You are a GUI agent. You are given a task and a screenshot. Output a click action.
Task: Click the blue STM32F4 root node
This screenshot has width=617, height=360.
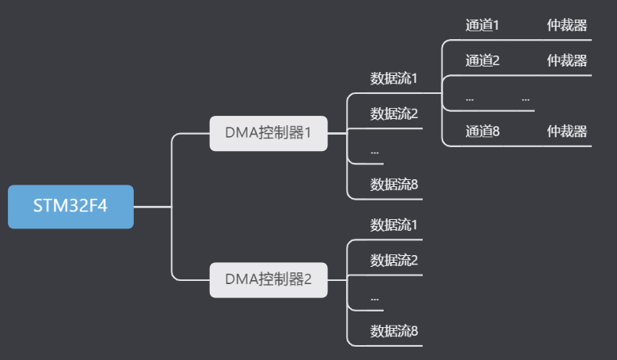(70, 207)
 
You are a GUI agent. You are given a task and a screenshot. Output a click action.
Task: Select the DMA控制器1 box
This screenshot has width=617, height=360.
(269, 132)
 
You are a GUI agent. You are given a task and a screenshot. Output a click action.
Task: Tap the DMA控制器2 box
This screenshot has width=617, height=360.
(269, 278)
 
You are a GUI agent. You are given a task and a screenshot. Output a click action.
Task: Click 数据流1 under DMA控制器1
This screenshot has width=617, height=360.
(394, 78)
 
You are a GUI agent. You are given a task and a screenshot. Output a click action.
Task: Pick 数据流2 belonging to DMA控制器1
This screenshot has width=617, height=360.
(394, 113)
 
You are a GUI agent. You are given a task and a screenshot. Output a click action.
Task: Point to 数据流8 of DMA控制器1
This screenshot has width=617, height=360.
(394, 185)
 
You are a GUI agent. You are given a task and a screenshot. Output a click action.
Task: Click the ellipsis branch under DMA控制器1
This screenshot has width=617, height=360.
(375, 150)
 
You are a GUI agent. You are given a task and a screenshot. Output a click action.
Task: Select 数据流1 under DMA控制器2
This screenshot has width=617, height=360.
(394, 225)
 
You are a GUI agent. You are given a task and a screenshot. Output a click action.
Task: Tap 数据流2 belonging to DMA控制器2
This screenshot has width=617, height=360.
(394, 260)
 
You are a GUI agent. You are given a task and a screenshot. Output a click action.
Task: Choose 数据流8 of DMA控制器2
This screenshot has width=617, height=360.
(394, 331)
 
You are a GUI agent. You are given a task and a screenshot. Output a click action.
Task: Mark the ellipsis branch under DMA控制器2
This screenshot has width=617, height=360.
(375, 297)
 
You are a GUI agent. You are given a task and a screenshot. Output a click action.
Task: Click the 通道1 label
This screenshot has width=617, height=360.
(482, 25)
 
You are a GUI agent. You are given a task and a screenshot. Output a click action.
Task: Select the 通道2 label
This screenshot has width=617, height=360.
(482, 60)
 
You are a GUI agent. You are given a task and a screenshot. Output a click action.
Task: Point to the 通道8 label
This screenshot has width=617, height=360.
(482, 131)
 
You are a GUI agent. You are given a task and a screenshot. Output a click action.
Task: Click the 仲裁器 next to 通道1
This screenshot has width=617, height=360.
(567, 25)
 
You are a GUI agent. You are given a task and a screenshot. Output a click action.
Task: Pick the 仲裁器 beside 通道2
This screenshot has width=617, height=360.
(567, 60)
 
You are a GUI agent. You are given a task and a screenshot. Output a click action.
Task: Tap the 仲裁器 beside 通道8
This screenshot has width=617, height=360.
(567, 131)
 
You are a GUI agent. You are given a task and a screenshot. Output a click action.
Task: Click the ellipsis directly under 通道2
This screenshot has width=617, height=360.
(470, 99)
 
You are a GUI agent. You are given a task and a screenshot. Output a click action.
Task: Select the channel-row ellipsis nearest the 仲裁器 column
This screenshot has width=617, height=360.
(525, 99)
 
